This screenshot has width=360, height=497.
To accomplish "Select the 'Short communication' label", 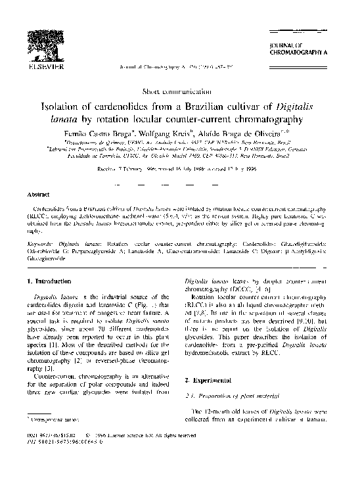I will click(x=179, y=89).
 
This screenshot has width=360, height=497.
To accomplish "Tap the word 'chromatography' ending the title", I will click(x=271, y=119).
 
